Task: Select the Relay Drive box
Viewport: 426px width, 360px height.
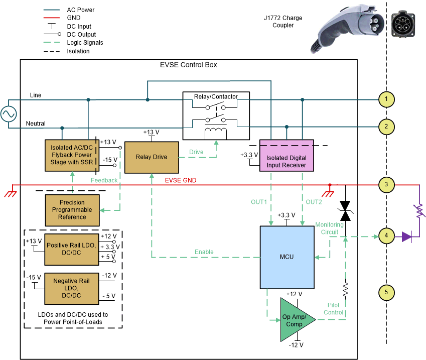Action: coord(152,157)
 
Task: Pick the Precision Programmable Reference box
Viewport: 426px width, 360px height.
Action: coord(72,210)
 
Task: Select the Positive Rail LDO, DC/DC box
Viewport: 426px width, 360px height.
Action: coord(72,249)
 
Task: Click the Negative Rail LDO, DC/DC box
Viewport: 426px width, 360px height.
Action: coord(72,288)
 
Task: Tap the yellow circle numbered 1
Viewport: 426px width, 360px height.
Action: coord(386,99)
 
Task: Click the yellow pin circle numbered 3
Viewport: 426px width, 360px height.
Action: coord(386,185)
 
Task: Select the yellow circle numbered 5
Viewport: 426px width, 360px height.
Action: coord(386,292)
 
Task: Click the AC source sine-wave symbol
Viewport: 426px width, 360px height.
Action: coord(9,114)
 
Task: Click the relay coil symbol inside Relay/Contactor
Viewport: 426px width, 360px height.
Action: coord(216,133)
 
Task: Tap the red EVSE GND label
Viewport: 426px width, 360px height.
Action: coord(181,180)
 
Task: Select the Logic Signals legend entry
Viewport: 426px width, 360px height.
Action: coord(85,43)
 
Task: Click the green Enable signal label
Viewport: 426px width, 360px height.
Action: coord(204,252)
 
